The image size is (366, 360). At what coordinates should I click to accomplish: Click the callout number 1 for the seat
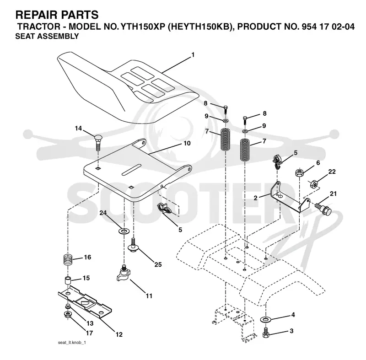click(x=193, y=55)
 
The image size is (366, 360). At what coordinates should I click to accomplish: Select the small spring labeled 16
click(x=68, y=259)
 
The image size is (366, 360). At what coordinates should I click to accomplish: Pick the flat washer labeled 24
click(x=124, y=231)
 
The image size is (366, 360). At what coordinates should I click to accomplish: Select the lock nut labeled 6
click(x=300, y=172)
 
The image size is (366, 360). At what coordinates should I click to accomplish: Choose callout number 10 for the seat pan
click(x=187, y=143)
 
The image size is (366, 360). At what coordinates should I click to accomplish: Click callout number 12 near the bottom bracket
click(x=119, y=334)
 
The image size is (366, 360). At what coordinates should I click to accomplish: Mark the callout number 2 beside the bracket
click(x=256, y=198)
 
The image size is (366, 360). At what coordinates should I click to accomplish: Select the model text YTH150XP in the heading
click(x=143, y=27)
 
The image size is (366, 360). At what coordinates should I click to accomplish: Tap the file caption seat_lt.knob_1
click(x=72, y=343)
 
